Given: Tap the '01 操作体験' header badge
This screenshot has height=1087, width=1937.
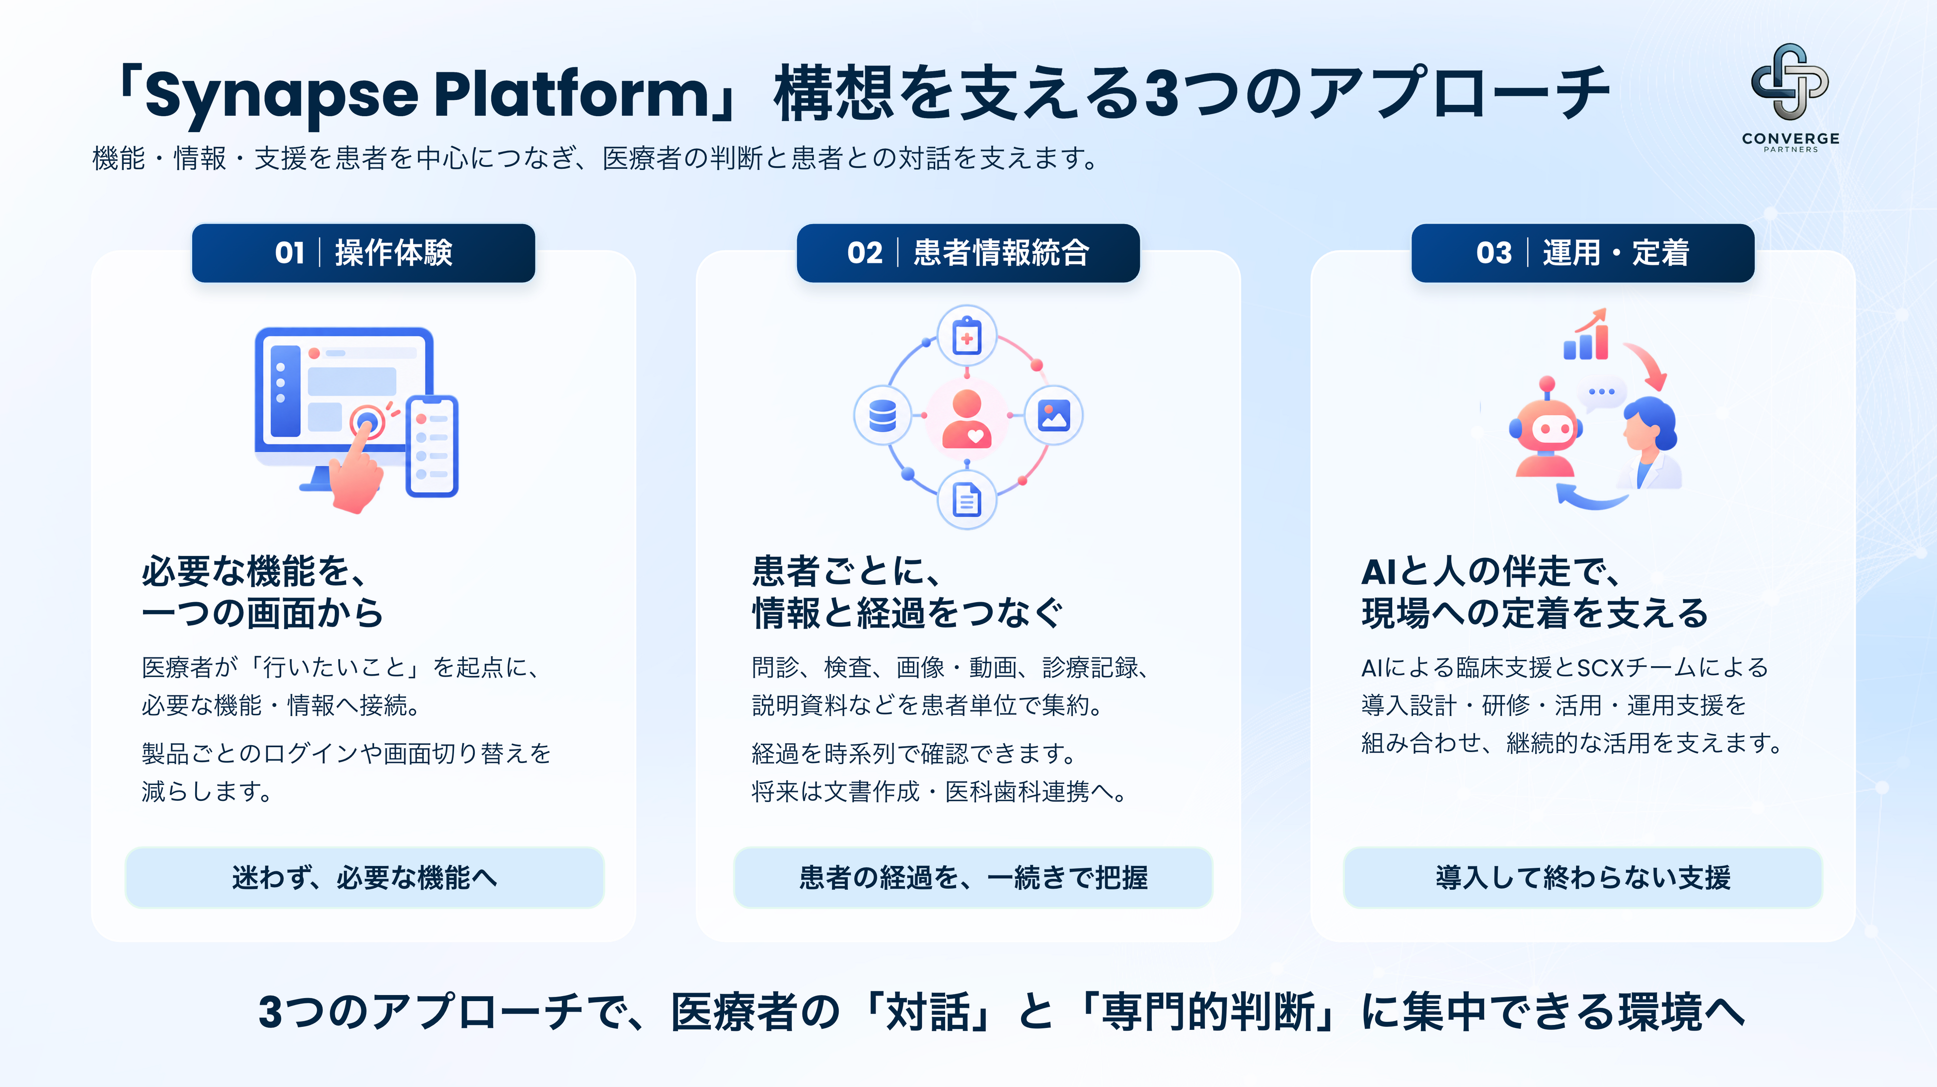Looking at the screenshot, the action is click(363, 253).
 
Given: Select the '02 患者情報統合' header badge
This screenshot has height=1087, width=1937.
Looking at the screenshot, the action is click(968, 253).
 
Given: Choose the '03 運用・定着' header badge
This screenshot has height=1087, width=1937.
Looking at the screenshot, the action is click(1583, 253).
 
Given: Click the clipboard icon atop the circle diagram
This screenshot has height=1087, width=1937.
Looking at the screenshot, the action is click(967, 336).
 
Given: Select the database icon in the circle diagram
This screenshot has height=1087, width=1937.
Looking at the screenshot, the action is click(883, 415).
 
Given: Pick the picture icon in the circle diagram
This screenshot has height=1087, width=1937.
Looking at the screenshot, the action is click(1053, 415).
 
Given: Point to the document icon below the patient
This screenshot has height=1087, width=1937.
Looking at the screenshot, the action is click(967, 499).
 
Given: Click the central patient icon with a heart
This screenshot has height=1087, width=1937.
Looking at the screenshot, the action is click(967, 418).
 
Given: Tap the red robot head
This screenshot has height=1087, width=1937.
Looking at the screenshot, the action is click(1545, 427).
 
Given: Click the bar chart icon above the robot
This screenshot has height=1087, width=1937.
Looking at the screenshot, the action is click(1586, 335).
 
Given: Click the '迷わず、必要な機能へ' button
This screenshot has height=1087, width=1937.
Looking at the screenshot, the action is click(364, 877).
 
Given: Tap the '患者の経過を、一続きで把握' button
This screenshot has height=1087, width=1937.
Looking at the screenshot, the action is click(973, 877).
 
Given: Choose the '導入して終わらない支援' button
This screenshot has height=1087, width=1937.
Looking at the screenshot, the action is click(1583, 877).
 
